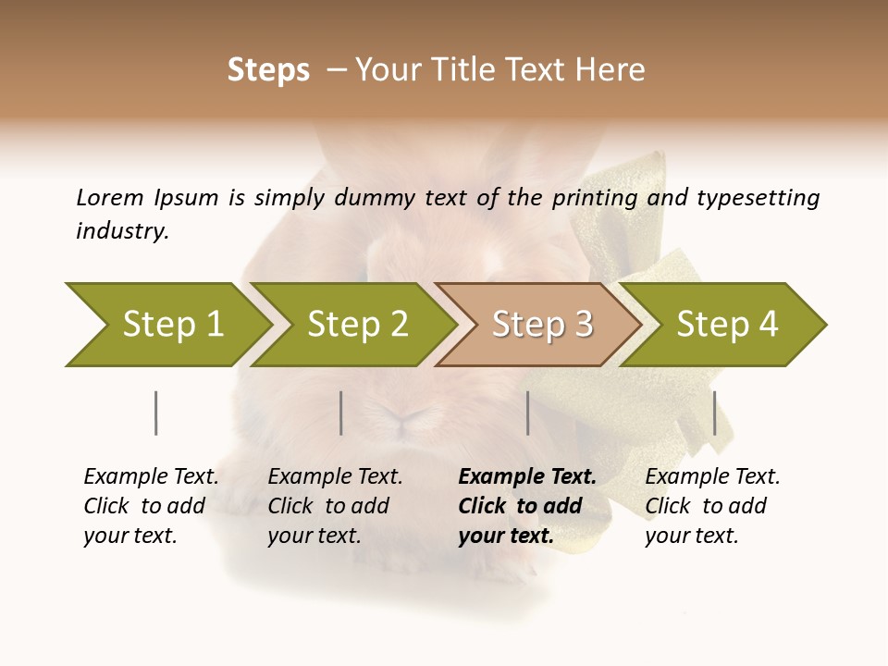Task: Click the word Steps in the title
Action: click(x=268, y=70)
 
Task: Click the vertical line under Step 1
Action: click(x=155, y=413)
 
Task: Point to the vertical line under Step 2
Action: click(x=341, y=413)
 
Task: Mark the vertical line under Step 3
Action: click(x=527, y=413)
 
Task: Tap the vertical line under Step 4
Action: click(x=714, y=413)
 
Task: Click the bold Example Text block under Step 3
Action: click(x=527, y=506)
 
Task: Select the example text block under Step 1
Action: click(x=151, y=506)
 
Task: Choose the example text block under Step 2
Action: click(x=335, y=506)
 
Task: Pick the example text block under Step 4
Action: click(x=712, y=506)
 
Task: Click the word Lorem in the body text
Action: click(x=110, y=197)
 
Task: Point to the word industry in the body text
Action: click(x=122, y=231)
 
